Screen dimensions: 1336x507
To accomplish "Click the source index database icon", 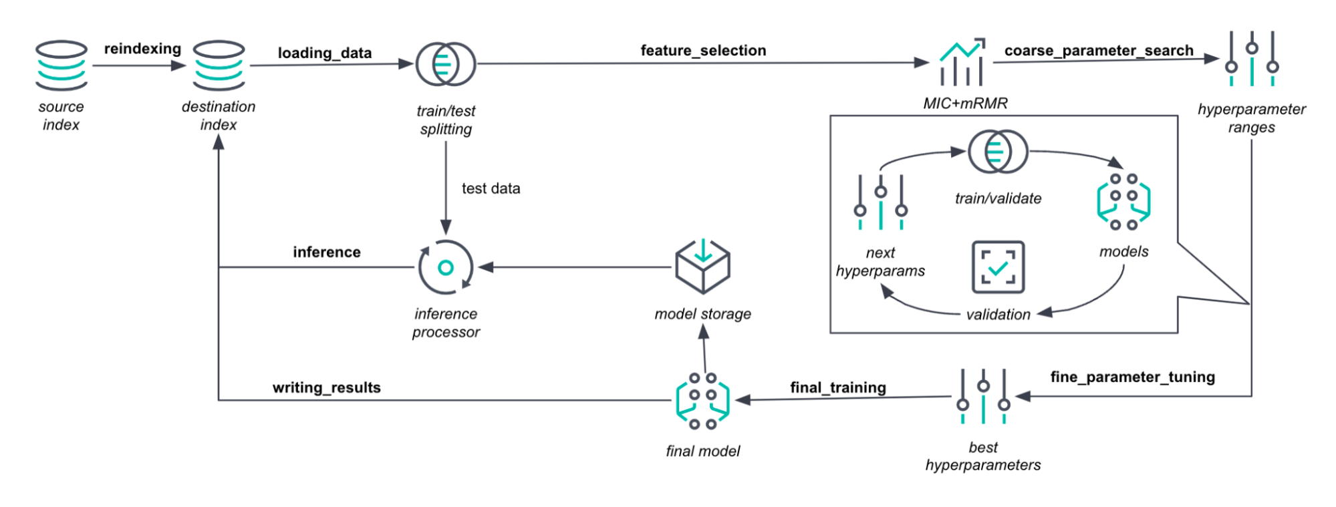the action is pos(61,65).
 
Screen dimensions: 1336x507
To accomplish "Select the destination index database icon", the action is pos(219,65).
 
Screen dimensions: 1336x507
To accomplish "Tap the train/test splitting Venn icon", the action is pos(446,64).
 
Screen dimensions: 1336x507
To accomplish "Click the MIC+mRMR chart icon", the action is pos(962,62).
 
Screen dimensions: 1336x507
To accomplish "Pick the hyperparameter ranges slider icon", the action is pos(1252,59).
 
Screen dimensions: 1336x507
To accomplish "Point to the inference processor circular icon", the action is pos(446,267).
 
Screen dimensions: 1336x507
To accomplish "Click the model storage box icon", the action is pos(703,267).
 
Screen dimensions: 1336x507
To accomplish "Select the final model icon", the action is pos(703,401).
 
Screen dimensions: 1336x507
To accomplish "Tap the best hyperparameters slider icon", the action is pos(983,396).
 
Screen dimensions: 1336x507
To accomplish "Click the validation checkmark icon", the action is pos(998,267).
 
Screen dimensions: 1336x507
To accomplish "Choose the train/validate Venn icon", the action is pos(998,152).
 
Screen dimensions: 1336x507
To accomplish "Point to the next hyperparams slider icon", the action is pos(881,202).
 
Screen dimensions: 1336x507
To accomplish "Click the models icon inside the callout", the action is pos(1123,201).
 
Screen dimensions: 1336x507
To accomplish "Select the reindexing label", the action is pos(142,49).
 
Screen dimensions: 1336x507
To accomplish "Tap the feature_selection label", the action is pos(703,50).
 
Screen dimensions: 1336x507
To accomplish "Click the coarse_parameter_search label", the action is pos(1099,51).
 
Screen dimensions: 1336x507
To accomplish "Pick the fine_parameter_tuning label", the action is pos(1132,377).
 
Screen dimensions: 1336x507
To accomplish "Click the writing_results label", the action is pos(326,387).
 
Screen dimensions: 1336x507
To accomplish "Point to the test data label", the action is pos(491,188).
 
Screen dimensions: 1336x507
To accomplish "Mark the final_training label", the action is pos(838,387).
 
